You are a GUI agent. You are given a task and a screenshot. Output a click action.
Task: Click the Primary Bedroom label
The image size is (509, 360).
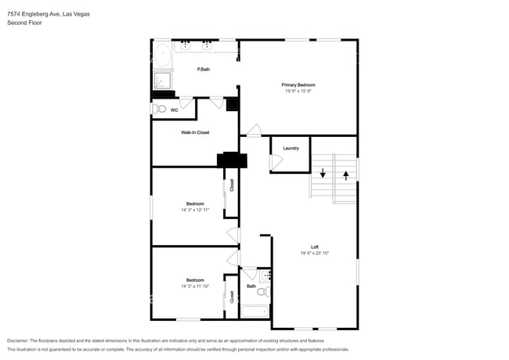point(298,85)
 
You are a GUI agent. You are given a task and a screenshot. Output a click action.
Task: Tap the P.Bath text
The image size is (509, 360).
point(203,70)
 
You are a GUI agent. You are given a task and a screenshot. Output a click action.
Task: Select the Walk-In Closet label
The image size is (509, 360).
point(195,132)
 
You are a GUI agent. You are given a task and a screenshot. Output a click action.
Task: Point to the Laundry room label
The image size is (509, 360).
point(291,148)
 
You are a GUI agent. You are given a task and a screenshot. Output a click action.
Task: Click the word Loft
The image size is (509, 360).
point(314,247)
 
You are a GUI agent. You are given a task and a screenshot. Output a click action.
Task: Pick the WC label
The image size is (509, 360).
point(174,110)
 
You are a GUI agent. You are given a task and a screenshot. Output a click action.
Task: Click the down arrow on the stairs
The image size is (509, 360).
point(322,173)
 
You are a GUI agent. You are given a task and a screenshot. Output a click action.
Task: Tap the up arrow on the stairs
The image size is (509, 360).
point(345,174)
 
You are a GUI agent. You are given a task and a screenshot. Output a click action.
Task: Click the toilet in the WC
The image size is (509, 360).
point(161,110)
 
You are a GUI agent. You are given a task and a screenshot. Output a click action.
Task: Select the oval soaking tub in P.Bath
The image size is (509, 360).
point(162,56)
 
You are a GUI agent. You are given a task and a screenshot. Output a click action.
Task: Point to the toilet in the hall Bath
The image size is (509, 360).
point(264,292)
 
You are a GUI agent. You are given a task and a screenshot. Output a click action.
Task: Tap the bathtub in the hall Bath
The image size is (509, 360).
point(254,311)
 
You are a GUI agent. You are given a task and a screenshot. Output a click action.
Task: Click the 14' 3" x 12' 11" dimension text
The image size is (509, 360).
point(195,210)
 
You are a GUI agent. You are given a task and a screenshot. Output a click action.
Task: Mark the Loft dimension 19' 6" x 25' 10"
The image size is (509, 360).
point(314,254)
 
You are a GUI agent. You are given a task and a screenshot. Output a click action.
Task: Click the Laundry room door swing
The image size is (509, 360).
point(275,162)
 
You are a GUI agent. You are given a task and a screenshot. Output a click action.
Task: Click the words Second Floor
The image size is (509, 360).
point(24,23)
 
